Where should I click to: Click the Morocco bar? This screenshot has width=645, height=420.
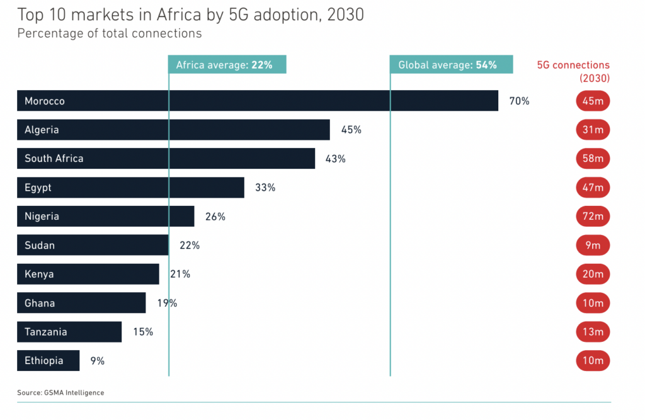coord(257,101)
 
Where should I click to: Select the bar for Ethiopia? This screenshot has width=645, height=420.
coord(48,361)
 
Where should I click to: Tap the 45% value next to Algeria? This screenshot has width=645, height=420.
coord(351,130)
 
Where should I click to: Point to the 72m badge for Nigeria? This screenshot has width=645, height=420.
coord(593,217)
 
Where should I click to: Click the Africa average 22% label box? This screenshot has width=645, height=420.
coord(227,65)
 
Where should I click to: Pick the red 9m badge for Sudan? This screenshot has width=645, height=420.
coord(593,246)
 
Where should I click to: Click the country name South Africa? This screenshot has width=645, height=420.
coord(54,159)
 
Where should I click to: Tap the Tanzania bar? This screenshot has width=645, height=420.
coord(69,332)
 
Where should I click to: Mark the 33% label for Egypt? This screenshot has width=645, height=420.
coord(265,188)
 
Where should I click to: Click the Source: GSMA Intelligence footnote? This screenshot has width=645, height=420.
coord(60,393)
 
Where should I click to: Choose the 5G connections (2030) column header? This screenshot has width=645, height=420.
coord(573,71)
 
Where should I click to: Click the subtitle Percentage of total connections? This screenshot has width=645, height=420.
coord(110,33)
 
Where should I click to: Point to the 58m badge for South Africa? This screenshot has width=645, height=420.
coord(593,159)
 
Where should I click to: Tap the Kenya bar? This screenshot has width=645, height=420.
coord(88,274)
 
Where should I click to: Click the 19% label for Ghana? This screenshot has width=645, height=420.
coord(167,303)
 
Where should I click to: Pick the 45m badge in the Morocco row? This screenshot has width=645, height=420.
coord(593,101)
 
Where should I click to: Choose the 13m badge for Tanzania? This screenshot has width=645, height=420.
coord(593,332)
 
